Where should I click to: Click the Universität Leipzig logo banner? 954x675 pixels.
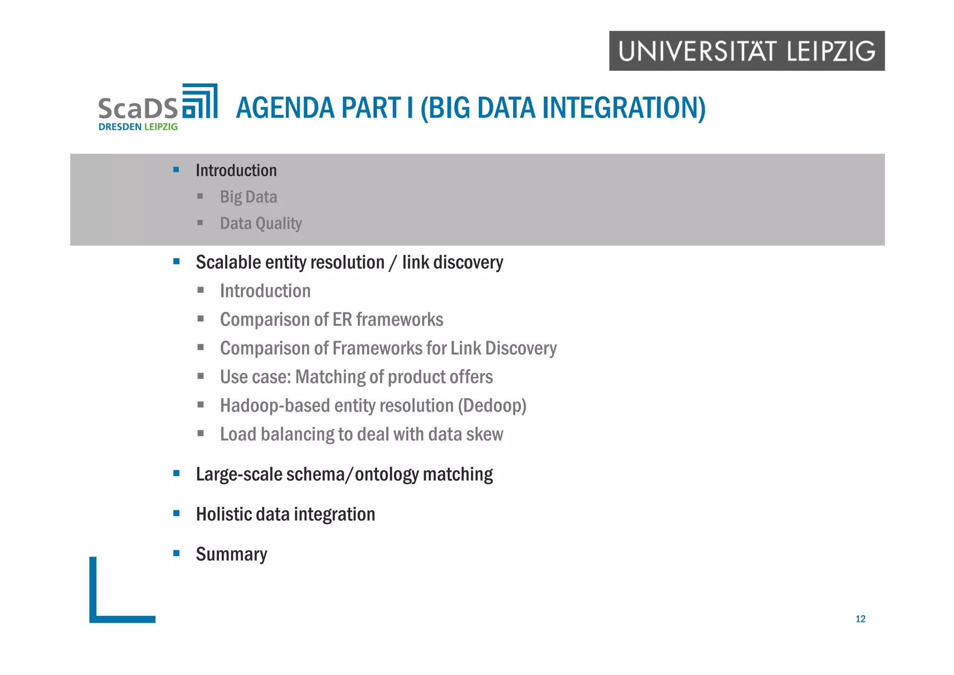[746, 51]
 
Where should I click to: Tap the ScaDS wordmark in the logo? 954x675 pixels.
[138, 108]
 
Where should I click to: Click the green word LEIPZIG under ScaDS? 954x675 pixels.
[161, 127]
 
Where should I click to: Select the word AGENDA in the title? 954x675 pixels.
[285, 108]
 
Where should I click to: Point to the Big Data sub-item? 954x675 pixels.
[248, 197]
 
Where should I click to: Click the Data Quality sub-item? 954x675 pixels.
[261, 223]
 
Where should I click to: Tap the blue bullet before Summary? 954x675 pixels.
[176, 553]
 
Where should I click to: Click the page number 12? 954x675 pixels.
[860, 619]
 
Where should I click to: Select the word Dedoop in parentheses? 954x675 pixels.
[491, 406]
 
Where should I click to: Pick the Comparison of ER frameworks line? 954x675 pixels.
[331, 320]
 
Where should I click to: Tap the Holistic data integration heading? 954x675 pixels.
[285, 514]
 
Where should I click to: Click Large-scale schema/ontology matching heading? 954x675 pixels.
[344, 474]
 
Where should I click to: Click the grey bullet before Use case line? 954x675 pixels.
[200, 376]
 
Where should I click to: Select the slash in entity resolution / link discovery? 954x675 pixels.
[393, 262]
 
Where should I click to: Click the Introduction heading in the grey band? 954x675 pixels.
[236, 170]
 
